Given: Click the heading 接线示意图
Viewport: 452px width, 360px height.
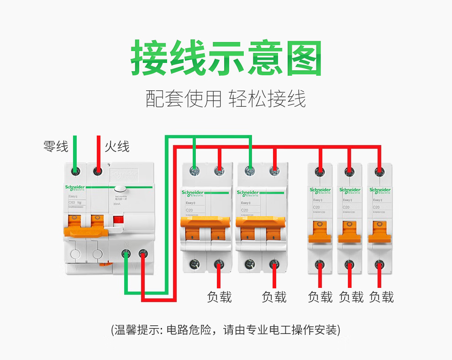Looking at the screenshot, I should pos(226,58).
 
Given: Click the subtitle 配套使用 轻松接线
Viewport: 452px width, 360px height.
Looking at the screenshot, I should pos(226,99).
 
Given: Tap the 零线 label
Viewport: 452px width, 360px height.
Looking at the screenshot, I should pos(56,146).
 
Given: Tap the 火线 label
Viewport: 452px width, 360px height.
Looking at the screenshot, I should pos(117,146).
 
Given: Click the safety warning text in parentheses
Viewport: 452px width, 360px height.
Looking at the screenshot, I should pos(226,330).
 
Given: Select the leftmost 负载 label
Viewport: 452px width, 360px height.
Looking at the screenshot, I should pos(220,297).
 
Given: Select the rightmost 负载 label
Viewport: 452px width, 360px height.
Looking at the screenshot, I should pos(381,297).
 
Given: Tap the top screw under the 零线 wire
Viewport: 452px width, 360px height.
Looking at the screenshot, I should pos(75,171).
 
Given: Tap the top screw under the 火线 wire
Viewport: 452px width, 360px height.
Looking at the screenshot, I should pos(97,171).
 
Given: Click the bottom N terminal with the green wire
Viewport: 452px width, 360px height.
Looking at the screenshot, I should pos(126,256).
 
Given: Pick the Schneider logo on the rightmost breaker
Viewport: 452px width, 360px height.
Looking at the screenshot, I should pos(380,190).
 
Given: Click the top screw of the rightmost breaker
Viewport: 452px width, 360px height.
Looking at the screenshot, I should pos(379,171).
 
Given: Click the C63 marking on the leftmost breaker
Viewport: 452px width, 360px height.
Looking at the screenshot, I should pos(72,202).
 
